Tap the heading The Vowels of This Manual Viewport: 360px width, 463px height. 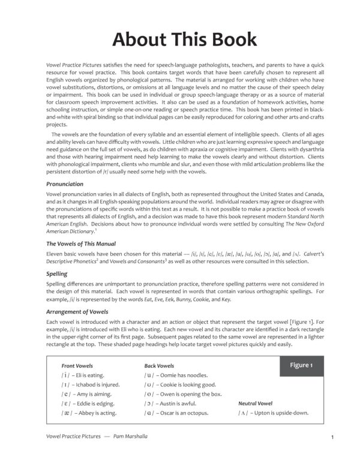pos(81,243)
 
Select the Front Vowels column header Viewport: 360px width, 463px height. pos(77,365)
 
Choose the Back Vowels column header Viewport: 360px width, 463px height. pos(159,365)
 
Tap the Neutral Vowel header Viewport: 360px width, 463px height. pos(255,404)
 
